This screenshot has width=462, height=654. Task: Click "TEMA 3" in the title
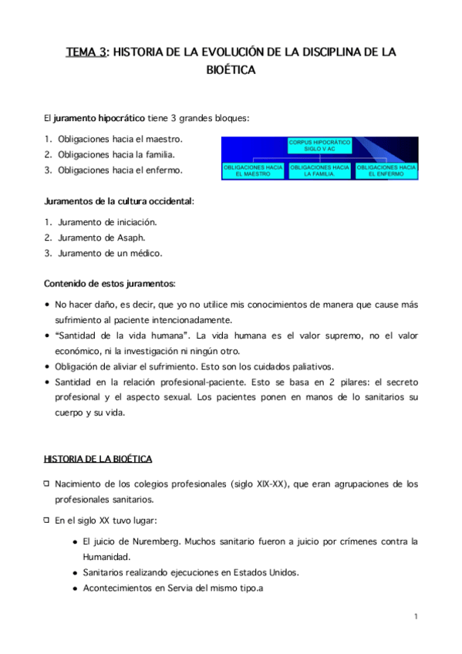tap(85, 52)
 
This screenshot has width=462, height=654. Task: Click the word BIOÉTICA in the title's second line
tap(231, 70)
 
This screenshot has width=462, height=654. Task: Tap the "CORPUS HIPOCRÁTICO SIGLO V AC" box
tap(319, 145)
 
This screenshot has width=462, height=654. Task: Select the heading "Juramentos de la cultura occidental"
tap(119, 201)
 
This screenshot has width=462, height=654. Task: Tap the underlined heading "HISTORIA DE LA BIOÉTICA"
tap(98, 459)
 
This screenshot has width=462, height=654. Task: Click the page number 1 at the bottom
tap(415, 616)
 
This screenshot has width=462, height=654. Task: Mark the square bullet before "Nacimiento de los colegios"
tap(47, 484)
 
